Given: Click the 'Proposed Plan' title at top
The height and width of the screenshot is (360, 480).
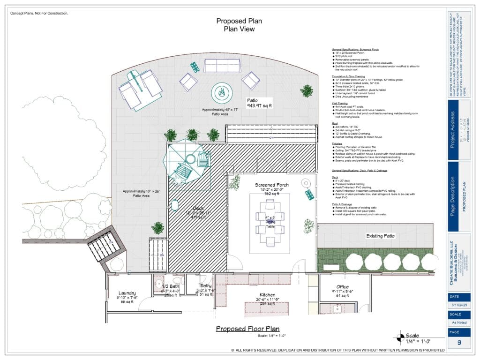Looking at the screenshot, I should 239,21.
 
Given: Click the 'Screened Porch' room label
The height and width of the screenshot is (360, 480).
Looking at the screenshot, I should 272,185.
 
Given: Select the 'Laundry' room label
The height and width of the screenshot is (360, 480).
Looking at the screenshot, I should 127,292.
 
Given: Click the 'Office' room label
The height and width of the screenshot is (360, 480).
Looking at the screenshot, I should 342,287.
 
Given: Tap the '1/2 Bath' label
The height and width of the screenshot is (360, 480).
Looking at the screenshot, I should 170,286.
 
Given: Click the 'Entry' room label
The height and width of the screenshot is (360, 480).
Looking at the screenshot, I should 206,285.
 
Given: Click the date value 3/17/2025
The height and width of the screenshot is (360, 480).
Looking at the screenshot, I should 459,305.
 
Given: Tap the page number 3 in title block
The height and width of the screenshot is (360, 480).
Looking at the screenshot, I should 459,343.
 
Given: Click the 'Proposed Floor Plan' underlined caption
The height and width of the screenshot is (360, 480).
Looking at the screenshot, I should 247,329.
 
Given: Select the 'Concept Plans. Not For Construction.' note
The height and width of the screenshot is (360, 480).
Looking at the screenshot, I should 39,13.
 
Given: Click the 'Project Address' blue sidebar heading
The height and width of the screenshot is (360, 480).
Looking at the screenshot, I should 453,130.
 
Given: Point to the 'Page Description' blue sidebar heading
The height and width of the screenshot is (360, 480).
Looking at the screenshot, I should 453,195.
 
